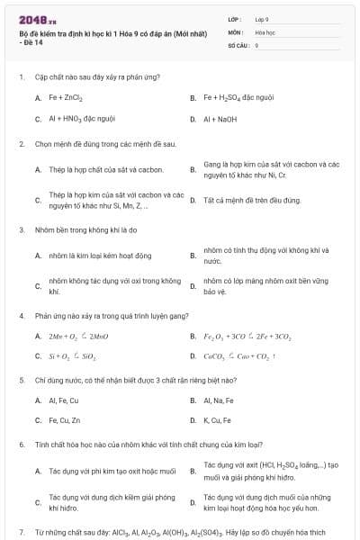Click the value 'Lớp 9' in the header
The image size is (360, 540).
[263, 19]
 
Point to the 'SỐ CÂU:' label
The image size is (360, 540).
[238, 44]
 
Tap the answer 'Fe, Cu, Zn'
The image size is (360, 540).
[65, 420]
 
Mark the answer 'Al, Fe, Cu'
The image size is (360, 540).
[64, 400]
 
